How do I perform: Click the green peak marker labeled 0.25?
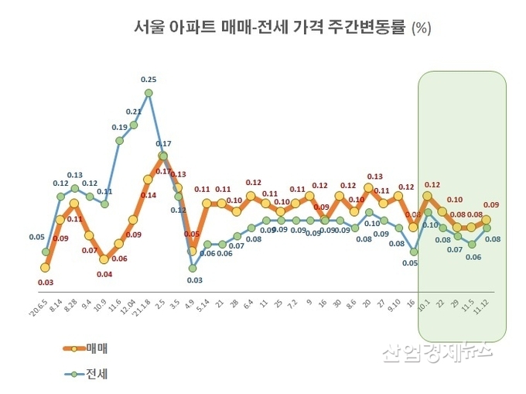pos(149,93)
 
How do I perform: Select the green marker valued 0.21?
pos(134,125)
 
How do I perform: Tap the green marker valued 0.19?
pos(120,140)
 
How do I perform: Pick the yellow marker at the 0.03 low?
pos(45,267)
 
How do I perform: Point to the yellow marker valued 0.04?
pos(104,259)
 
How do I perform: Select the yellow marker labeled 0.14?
pos(148,180)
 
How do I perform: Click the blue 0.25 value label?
pos(149,79)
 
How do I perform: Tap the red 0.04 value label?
pos(104,273)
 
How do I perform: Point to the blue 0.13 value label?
pos(75,175)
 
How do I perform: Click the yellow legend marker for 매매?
pos(75,348)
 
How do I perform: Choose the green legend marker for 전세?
pos(75,375)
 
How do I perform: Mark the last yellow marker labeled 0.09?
pos(486,220)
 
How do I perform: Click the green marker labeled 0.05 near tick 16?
pos(414,252)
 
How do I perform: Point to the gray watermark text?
pos(436,352)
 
